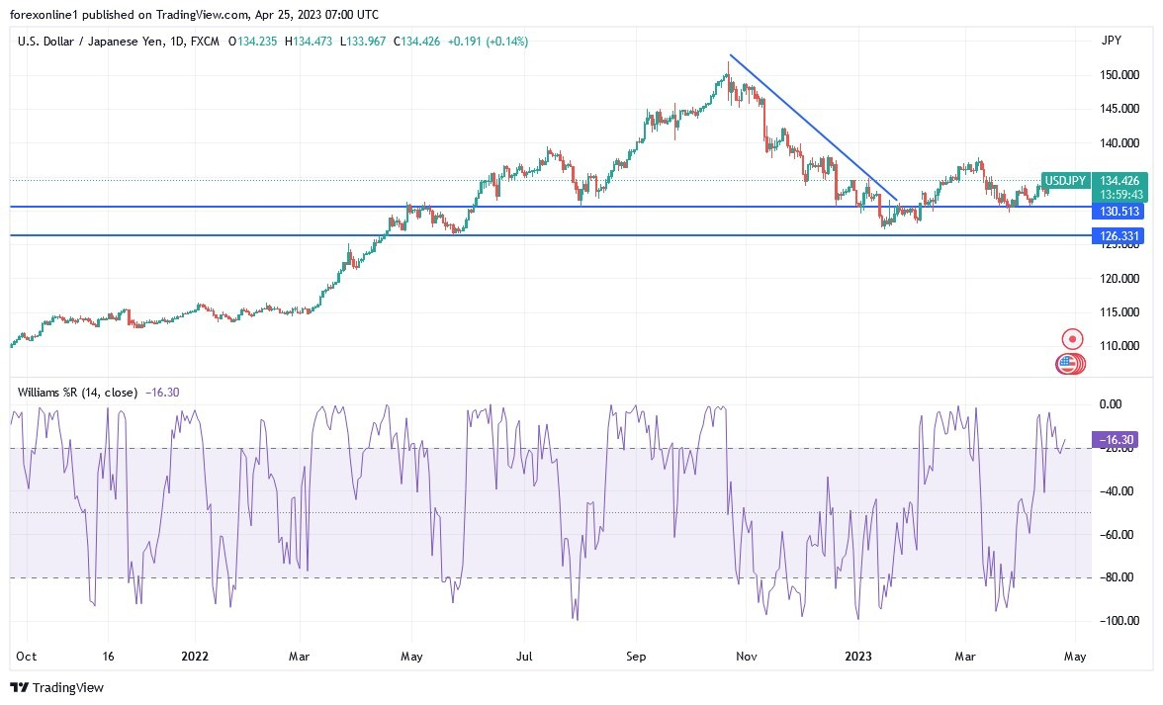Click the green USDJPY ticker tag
(1066, 181)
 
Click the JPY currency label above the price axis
(1111, 41)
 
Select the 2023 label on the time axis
(856, 656)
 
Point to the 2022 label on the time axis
(195, 656)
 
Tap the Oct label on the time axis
(27, 656)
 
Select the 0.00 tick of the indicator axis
(1112, 404)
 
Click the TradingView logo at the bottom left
(57, 687)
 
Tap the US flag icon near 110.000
(1066, 364)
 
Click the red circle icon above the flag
(1071, 339)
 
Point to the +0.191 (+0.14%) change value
(489, 42)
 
